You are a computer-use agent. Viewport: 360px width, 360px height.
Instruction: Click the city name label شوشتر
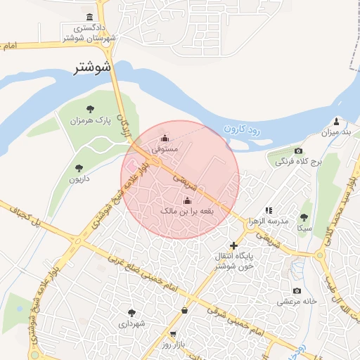(x=93, y=68)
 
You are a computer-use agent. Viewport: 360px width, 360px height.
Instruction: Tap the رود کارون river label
(x=242, y=129)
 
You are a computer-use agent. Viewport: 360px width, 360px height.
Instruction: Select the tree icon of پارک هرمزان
(x=90, y=108)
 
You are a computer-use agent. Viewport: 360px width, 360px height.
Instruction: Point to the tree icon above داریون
(x=78, y=168)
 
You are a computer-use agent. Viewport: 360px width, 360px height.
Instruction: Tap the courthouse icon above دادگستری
(x=89, y=17)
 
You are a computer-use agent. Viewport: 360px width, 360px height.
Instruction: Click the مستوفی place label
(x=166, y=149)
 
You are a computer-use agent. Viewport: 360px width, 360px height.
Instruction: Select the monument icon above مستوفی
(x=165, y=138)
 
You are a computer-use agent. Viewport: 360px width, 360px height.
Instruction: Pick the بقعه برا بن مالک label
(x=186, y=210)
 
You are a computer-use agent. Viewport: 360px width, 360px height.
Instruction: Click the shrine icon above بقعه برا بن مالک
(x=186, y=199)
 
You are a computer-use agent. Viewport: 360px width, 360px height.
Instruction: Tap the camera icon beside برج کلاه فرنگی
(x=298, y=151)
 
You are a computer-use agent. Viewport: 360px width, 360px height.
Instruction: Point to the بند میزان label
(x=335, y=132)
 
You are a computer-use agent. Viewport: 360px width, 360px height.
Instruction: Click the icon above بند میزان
(x=336, y=121)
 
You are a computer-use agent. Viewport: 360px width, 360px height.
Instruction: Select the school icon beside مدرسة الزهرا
(x=269, y=210)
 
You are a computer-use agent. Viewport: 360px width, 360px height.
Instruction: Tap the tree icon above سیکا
(x=304, y=217)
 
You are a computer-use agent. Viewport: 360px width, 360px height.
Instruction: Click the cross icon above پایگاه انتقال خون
(x=233, y=245)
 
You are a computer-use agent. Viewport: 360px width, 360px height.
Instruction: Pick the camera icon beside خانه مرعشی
(x=297, y=291)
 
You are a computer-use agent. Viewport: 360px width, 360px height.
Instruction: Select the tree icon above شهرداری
(x=131, y=312)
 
